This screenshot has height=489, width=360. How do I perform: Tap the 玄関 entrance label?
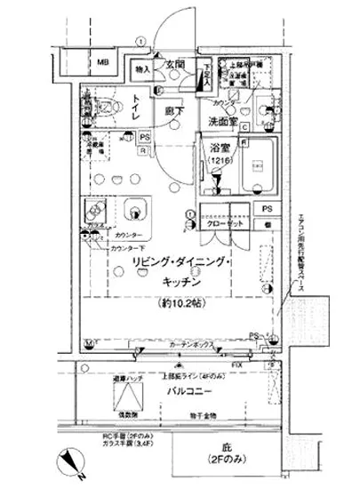(x=174, y=66)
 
